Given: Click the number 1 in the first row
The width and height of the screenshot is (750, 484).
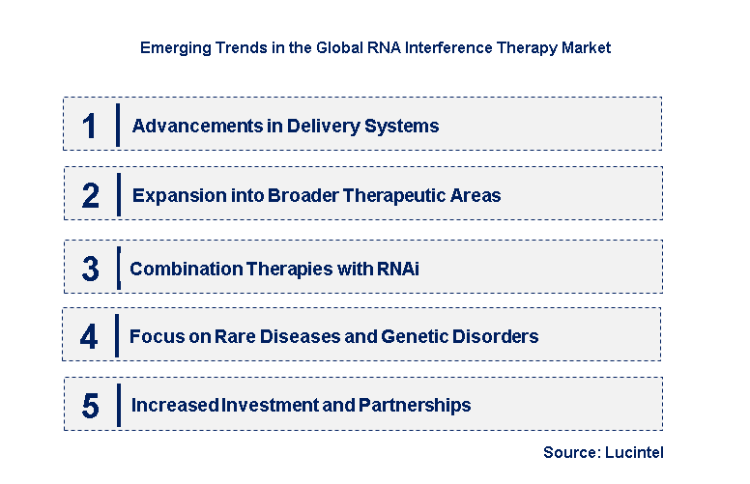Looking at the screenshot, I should point(90,126).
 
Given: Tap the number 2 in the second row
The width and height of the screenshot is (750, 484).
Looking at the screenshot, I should point(90,196).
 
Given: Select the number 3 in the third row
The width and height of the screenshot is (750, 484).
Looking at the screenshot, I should point(90,270).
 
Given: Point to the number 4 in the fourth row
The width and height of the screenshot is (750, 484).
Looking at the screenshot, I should point(89,337).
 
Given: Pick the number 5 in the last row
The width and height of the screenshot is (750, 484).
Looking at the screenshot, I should point(90,406).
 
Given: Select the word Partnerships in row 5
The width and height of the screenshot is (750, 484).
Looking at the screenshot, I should point(418,406).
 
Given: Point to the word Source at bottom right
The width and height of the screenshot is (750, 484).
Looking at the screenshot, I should point(570,452).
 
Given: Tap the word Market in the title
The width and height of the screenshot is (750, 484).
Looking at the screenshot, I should point(586,46).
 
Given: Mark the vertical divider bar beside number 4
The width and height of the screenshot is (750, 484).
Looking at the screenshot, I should point(117,335).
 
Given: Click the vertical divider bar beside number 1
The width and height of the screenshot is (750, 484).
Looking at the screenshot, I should point(117,125).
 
